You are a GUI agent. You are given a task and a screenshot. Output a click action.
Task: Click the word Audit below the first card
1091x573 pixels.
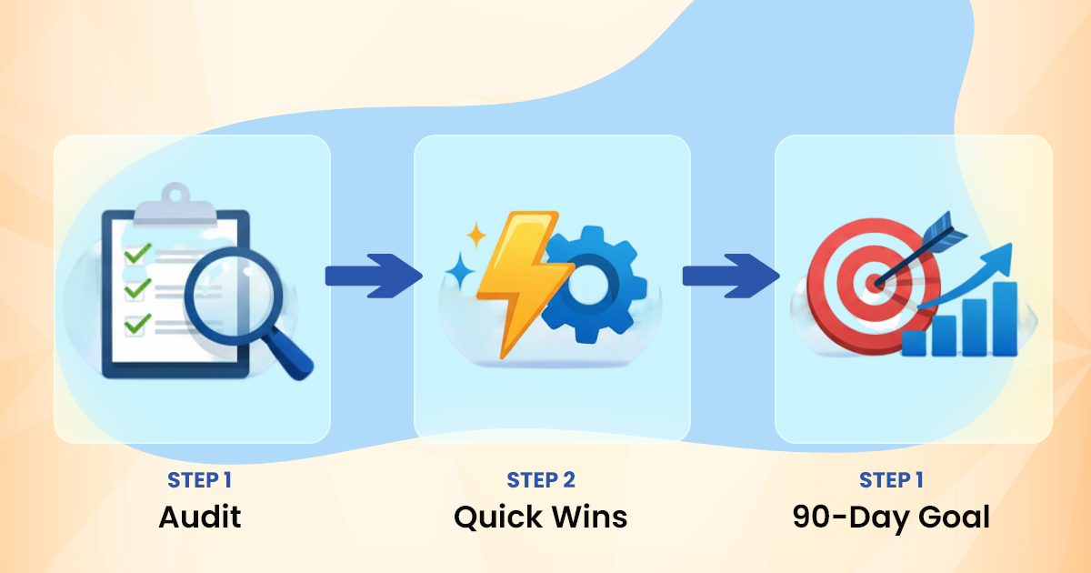pos(200,518)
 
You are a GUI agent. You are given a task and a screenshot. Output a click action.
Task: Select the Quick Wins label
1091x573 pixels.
pos(540,518)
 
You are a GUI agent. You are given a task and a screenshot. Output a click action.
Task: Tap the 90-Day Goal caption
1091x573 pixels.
pos(891,518)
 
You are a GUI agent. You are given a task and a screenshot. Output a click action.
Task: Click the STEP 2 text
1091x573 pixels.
pos(540,480)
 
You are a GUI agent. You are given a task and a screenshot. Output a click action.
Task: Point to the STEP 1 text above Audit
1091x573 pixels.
pos(205,480)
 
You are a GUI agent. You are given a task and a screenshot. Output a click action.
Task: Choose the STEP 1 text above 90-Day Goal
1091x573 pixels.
pos(891,480)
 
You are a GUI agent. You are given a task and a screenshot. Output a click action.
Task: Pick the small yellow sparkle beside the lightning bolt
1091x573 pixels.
pos(475,236)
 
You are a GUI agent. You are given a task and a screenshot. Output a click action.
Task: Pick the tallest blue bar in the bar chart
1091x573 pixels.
pos(1005,318)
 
